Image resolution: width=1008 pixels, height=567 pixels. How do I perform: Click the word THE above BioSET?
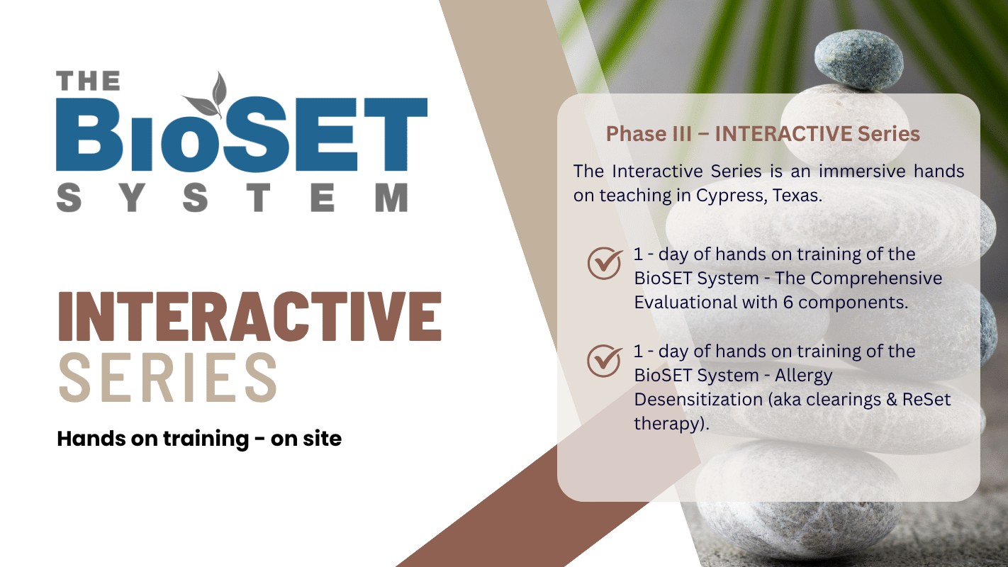(x=88, y=81)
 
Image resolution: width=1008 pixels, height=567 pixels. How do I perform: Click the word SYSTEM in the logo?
(x=233, y=197)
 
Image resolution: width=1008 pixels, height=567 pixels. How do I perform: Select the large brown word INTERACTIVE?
(x=250, y=316)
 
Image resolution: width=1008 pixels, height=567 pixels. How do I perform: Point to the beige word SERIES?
(x=168, y=377)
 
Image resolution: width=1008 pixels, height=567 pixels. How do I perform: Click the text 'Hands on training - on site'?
(x=199, y=439)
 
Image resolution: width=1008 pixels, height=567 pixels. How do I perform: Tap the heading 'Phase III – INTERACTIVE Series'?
(x=763, y=134)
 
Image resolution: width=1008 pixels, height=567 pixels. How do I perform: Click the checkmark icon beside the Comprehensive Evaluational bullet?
(x=605, y=263)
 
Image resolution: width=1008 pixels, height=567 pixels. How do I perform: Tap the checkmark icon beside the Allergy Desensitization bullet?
(x=605, y=361)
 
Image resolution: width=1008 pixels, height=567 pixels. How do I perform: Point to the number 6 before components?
(x=788, y=303)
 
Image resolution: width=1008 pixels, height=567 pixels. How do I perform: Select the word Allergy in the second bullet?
(x=804, y=376)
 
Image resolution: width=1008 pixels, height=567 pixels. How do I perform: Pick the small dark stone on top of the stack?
(x=858, y=60)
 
